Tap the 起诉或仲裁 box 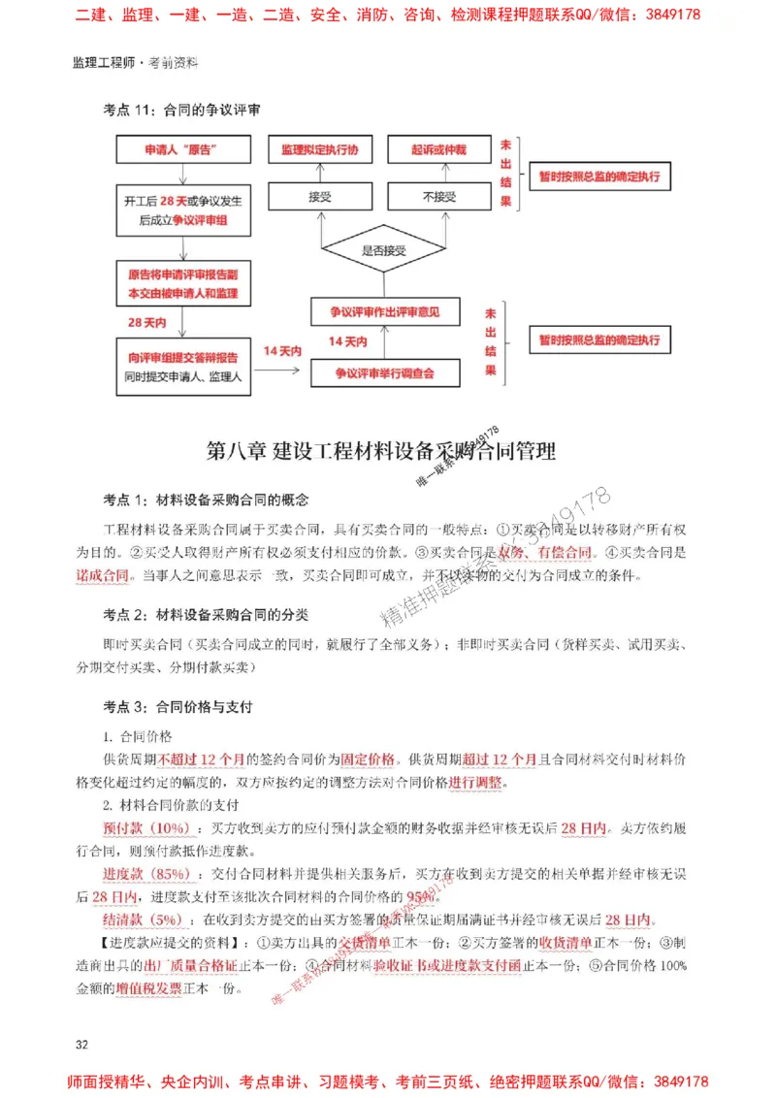pos(438,149)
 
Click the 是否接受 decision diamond pos(382,250)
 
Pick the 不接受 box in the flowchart pos(438,197)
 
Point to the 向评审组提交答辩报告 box pos(182,366)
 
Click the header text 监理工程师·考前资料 pos(135,63)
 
